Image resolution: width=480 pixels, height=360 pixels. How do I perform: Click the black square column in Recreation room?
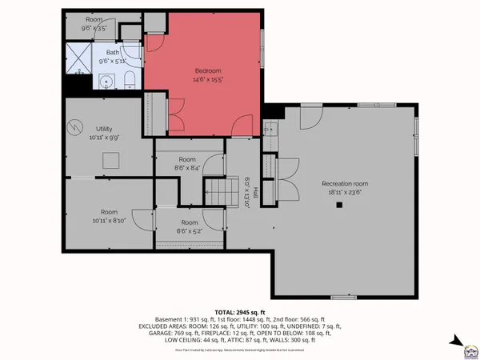(x=339, y=205)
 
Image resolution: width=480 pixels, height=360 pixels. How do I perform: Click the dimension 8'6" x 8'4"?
(x=189, y=168)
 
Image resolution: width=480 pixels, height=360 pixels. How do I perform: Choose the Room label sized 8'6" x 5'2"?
(x=190, y=222)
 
